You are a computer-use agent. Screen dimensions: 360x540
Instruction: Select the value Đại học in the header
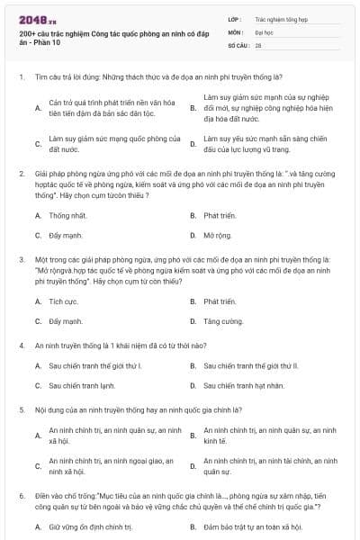[x=265, y=31]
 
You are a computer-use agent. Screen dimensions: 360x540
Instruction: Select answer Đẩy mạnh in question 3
[x=66, y=320]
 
